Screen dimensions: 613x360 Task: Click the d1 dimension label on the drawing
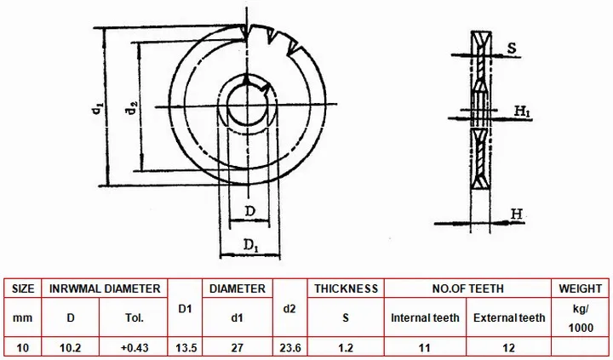97,108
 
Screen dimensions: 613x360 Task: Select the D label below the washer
249,211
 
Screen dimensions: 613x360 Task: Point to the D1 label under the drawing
251,245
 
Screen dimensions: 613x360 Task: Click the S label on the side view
512,48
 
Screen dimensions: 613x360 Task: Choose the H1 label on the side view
522,111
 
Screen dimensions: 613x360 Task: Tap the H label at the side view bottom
517,214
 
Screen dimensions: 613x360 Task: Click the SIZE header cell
23,289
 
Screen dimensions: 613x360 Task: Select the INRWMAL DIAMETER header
105,289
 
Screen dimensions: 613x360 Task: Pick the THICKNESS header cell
346,289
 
